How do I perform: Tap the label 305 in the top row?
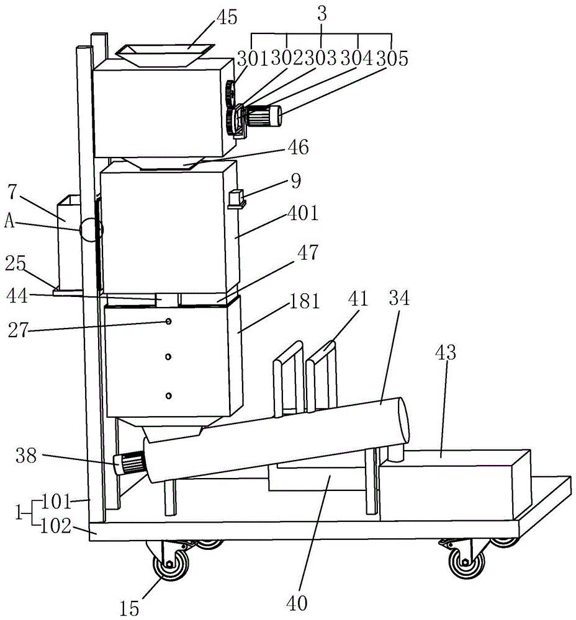click(392, 58)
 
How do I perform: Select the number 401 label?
click(303, 213)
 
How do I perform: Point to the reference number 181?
click(304, 301)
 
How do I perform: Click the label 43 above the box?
click(446, 352)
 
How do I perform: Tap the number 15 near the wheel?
click(129, 608)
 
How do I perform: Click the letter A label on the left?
click(9, 221)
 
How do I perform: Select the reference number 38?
click(26, 456)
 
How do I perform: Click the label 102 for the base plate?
click(56, 526)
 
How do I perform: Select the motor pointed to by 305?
click(263, 115)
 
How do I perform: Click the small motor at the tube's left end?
click(129, 463)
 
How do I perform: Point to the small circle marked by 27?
click(168, 322)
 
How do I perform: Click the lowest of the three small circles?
click(169, 396)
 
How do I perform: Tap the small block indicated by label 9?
click(236, 198)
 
